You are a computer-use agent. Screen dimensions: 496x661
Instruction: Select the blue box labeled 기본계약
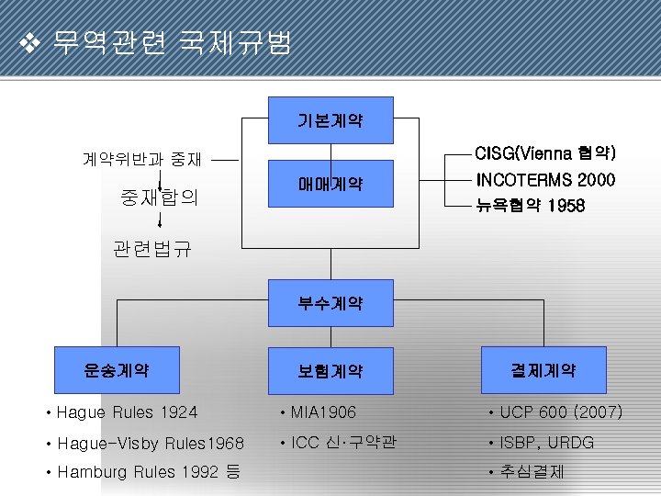(330, 120)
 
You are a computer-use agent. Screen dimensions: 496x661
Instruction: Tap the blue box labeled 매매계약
(330, 184)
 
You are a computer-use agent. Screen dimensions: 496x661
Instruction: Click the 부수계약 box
(330, 302)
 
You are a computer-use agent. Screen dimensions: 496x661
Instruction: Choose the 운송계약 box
(117, 370)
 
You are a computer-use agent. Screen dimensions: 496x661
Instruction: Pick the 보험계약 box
(330, 371)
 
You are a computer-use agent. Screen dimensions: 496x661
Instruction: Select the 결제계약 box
(543, 370)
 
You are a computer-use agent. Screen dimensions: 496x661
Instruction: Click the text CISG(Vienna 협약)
(544, 152)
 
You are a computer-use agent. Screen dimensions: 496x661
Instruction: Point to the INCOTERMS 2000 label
(544, 179)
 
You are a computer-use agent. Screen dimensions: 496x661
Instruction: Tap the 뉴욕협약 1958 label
(530, 206)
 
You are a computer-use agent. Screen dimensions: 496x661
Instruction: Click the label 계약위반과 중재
(142, 159)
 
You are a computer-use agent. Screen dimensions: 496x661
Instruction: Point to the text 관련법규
(152, 249)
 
